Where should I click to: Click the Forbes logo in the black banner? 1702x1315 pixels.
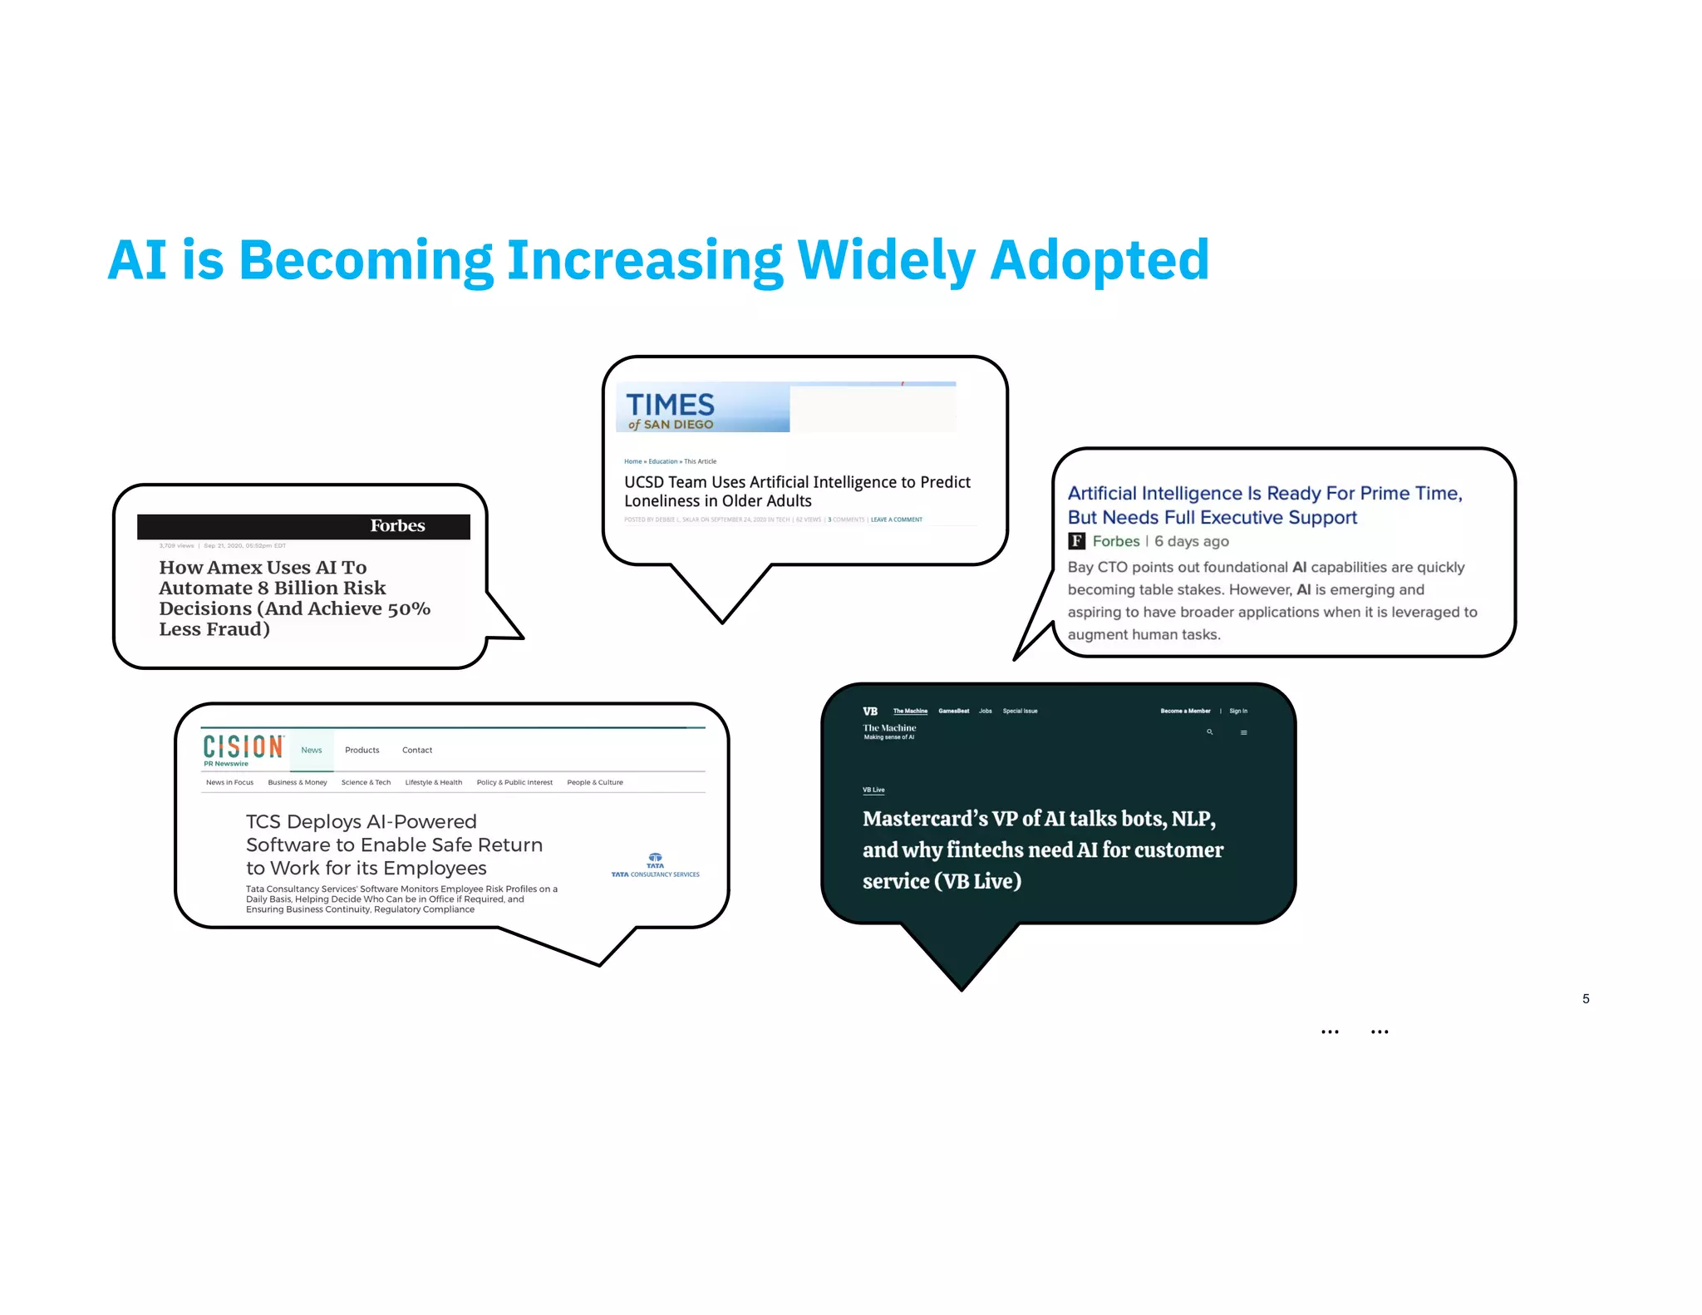397,526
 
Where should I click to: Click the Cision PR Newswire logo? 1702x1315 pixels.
243,749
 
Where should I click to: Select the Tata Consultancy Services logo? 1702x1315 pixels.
655,865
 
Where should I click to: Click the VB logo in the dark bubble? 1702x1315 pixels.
870,712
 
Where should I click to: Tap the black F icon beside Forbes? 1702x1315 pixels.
1076,541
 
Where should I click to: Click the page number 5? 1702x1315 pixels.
1586,999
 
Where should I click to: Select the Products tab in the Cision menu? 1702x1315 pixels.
362,751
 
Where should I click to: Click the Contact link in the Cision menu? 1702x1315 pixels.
417,751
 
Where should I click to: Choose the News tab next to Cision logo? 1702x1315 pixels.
312,751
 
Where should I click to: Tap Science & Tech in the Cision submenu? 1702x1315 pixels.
366,783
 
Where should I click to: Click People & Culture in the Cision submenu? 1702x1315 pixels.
595,783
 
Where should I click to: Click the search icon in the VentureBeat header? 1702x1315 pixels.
1210,732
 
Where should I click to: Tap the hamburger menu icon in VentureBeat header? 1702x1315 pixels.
1243,732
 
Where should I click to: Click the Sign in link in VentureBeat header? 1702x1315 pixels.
1238,712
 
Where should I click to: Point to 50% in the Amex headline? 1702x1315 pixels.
408,609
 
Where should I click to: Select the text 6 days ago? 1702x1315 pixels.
1191,542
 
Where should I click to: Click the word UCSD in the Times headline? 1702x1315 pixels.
643,483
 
